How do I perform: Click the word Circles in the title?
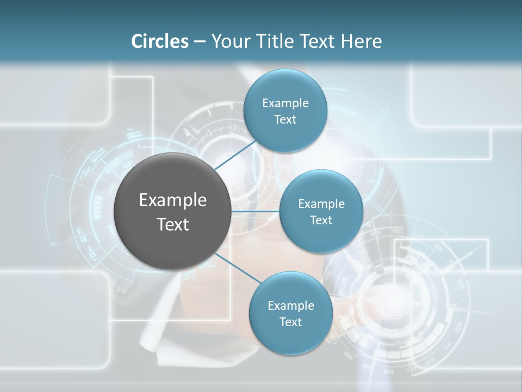160,41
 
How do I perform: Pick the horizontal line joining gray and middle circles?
255,211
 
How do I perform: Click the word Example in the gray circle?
173,200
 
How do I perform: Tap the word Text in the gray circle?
173,224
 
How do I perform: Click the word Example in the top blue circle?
285,103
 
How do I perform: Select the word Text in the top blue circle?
285,120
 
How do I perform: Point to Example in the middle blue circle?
321,204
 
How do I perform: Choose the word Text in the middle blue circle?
321,220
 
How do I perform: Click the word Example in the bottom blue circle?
291,306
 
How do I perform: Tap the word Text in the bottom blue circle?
290,322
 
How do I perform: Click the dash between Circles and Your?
200,42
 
